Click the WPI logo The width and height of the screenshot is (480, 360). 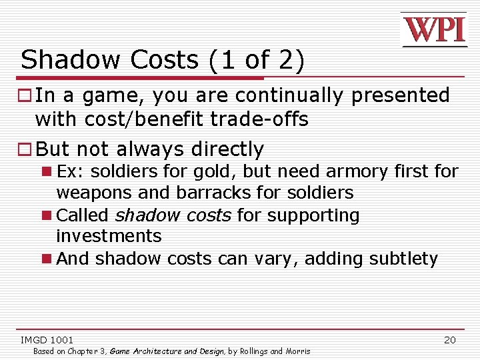pyautogui.click(x=433, y=30)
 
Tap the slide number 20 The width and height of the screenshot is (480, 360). pyautogui.click(x=450, y=340)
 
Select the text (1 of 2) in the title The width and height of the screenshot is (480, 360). pyautogui.click(x=257, y=61)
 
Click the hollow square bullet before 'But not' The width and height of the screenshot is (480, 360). pyautogui.click(x=26, y=149)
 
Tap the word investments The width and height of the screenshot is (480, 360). pyautogui.click(x=109, y=236)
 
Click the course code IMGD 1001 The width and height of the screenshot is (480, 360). pyautogui.click(x=47, y=340)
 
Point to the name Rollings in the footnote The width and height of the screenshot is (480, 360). pyautogui.click(x=253, y=351)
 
